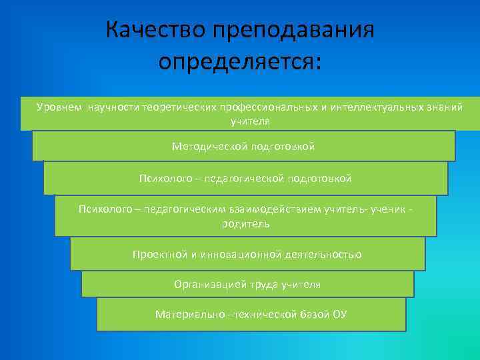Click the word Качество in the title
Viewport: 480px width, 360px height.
(155, 30)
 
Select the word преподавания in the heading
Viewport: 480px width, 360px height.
(293, 31)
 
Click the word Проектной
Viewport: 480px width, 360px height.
(157, 254)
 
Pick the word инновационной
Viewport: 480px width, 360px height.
(245, 254)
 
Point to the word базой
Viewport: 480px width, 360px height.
(313, 314)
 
